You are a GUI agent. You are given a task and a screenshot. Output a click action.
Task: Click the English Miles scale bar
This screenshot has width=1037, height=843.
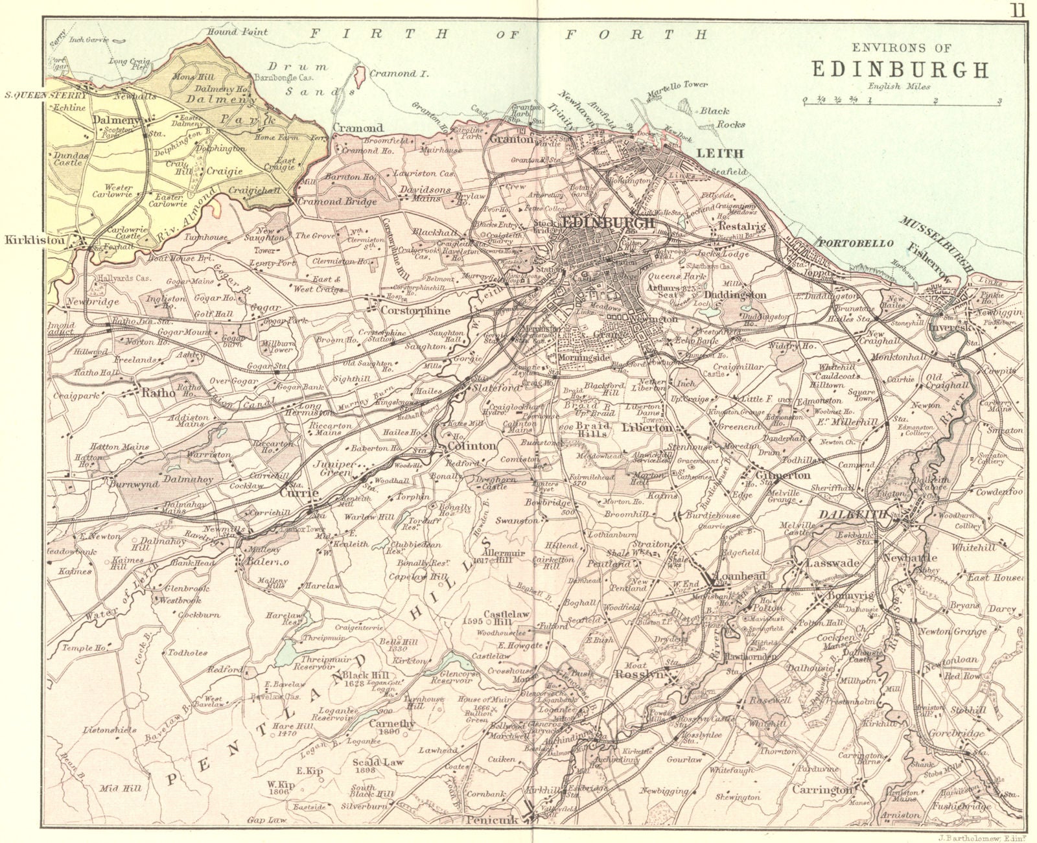(902, 100)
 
